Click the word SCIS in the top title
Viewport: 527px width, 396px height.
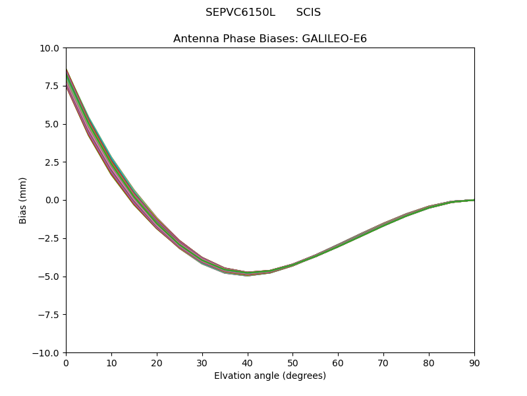(308, 13)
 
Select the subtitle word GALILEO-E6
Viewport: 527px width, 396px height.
(334, 39)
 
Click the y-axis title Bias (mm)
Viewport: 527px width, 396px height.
(23, 200)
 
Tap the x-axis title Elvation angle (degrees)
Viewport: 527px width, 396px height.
(270, 376)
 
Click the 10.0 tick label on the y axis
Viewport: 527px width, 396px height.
(49, 48)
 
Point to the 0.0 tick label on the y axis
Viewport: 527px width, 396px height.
(51, 201)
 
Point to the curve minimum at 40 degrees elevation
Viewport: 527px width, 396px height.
(248, 273)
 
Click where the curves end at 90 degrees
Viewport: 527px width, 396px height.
(473, 200)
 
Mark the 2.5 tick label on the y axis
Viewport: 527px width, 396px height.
(51, 162)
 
